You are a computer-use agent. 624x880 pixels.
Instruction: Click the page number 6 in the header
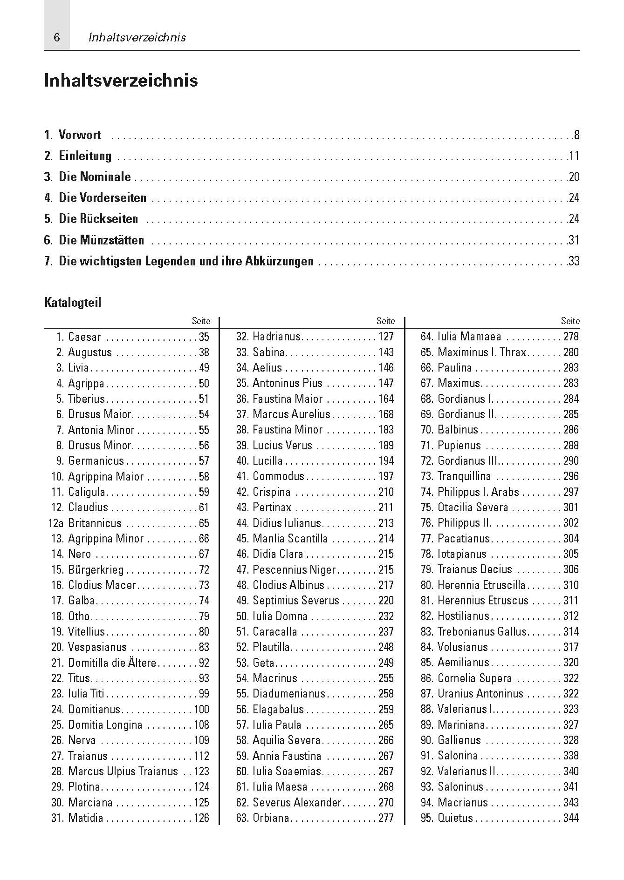(57, 38)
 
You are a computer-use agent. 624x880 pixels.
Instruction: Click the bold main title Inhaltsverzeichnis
(121, 81)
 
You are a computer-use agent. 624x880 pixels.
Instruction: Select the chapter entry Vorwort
(79, 135)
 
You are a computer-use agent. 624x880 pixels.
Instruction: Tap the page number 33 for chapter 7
(574, 261)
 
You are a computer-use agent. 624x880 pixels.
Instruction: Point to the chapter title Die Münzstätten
(101, 240)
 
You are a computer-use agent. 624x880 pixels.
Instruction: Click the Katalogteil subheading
(73, 303)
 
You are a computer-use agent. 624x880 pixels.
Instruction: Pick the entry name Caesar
(84, 337)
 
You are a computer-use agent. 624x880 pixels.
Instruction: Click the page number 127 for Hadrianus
(386, 337)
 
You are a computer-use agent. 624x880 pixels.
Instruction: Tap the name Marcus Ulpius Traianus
(123, 772)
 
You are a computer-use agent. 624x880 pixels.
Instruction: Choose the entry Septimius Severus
(296, 601)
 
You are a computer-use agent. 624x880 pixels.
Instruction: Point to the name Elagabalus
(278, 710)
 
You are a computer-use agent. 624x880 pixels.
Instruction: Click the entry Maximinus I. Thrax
(481, 352)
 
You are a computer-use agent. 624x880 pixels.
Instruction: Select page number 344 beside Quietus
(571, 818)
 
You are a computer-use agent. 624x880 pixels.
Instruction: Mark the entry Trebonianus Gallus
(482, 632)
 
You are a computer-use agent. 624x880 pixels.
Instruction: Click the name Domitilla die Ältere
(112, 663)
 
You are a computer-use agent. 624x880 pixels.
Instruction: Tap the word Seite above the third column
(570, 321)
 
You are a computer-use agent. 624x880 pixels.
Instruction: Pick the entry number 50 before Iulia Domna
(242, 616)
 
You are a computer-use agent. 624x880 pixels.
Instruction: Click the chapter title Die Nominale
(95, 177)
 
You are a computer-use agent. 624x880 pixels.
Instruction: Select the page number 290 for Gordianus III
(571, 461)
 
